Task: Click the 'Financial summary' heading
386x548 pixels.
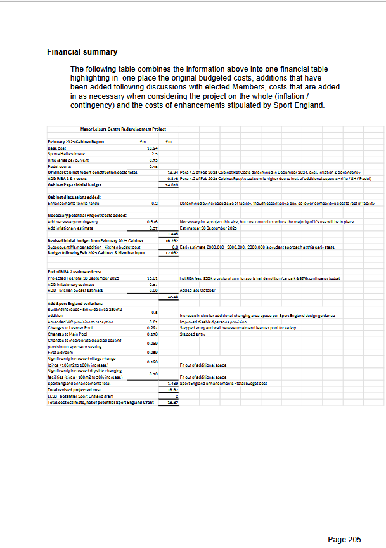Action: [x=82, y=52]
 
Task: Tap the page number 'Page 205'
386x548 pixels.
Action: [x=344, y=540]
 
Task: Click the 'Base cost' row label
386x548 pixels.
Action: [x=58, y=147]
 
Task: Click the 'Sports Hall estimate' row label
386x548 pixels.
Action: [x=67, y=153]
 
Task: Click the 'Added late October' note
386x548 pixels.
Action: [x=196, y=290]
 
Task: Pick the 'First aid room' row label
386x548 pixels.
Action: [x=61, y=351]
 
